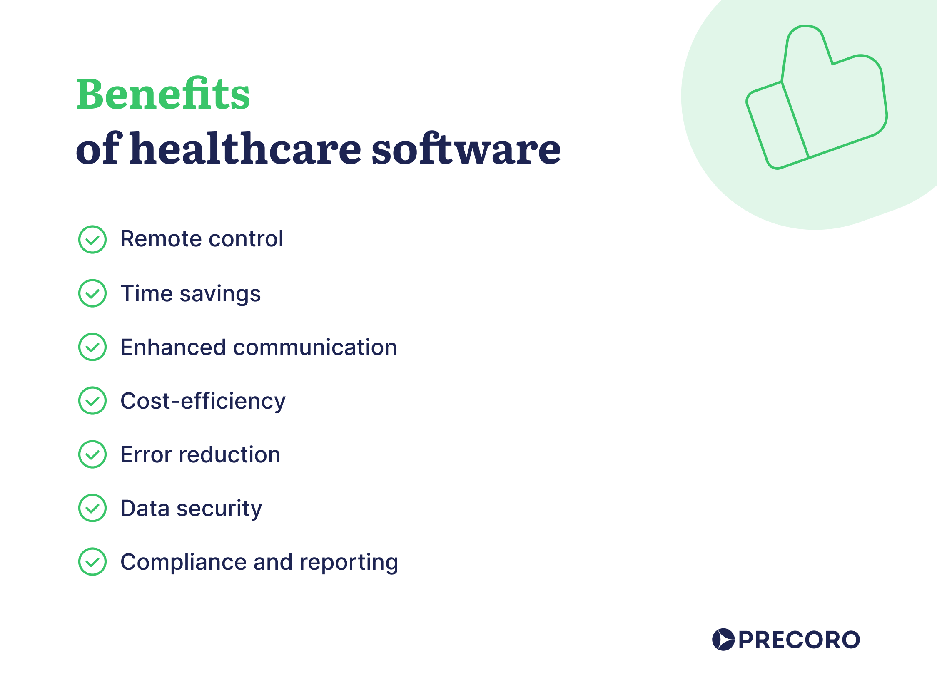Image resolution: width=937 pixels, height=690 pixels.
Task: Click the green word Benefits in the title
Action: point(162,95)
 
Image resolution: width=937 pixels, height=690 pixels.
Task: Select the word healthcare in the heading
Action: point(245,149)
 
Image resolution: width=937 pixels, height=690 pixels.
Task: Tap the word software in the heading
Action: point(466,149)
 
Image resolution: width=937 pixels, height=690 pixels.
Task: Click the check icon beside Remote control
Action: point(92,240)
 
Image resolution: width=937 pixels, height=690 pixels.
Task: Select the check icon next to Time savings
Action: point(92,293)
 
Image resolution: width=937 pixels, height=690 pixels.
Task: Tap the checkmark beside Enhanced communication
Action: point(92,347)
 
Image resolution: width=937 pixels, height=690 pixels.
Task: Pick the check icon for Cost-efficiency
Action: point(92,401)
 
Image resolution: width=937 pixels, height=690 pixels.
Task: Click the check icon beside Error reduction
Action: point(92,454)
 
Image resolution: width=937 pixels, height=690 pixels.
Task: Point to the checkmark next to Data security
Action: point(92,508)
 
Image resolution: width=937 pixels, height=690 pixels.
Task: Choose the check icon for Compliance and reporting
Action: point(92,562)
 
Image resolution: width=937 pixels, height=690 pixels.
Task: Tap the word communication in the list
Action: point(315,347)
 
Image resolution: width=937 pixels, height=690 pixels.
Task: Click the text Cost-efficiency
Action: point(203,401)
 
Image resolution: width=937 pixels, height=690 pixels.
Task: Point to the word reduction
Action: point(229,455)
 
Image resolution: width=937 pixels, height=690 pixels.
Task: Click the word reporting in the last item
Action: point(349,563)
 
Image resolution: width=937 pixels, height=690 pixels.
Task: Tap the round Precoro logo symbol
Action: point(723,640)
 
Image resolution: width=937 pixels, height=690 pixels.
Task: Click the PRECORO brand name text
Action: point(799,640)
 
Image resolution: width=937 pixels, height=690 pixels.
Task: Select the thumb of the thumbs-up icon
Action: point(805,50)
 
